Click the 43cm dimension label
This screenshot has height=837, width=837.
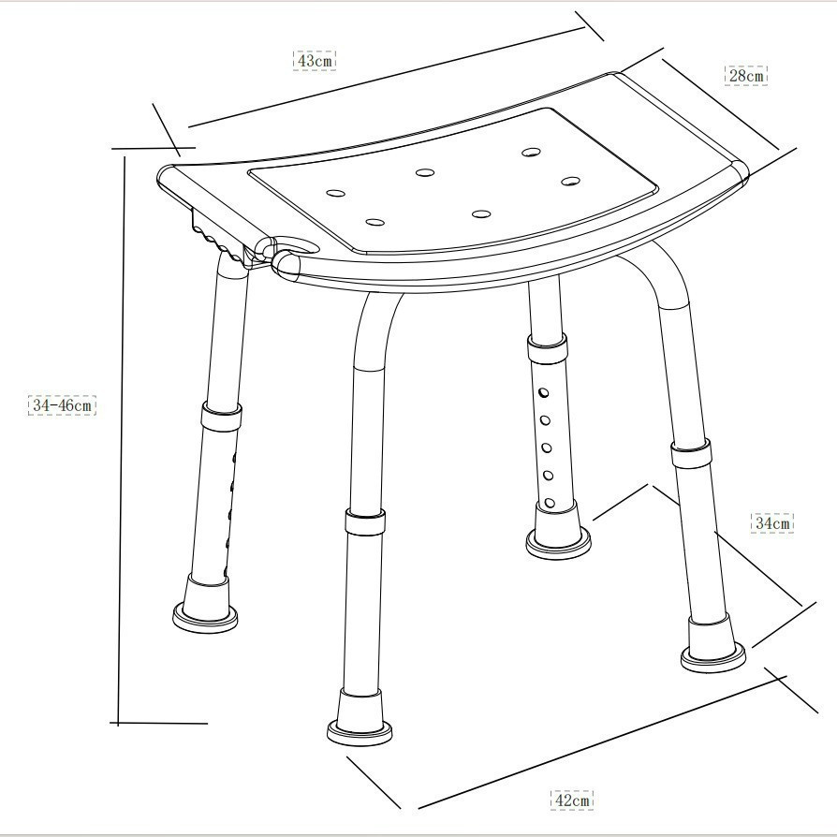[314, 60]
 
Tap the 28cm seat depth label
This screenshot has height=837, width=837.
[746, 75]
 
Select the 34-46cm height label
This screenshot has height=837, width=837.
[62, 405]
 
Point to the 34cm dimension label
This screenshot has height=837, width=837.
[772, 522]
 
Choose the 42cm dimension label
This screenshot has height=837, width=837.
[571, 800]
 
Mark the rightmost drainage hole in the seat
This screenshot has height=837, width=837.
[572, 180]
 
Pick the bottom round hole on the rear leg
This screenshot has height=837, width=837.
[550, 503]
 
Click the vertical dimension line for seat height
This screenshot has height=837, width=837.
[122, 440]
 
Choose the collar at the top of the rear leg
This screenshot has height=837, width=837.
[547, 351]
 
